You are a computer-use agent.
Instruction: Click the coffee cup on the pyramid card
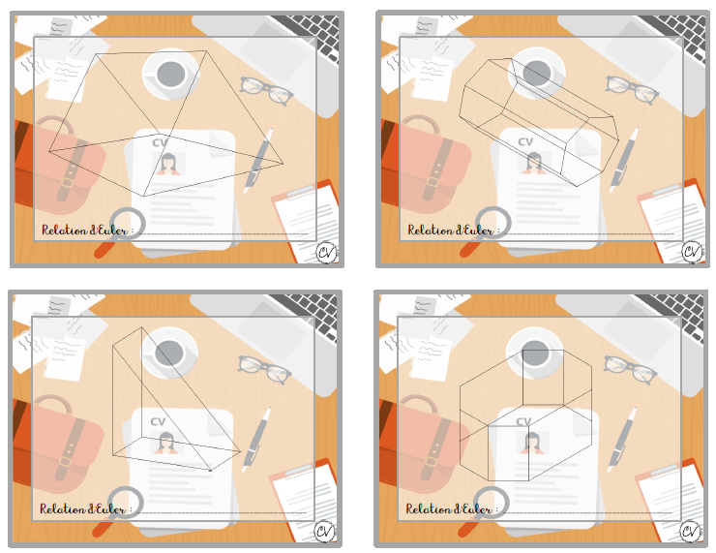tap(171, 74)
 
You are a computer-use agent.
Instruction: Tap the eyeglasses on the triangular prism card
tap(264, 370)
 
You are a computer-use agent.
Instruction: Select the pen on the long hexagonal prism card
tap(624, 160)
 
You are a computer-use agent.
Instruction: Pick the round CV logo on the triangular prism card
tap(325, 532)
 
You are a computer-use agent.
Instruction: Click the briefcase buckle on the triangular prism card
tap(65, 462)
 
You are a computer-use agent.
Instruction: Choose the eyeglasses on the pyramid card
tap(267, 91)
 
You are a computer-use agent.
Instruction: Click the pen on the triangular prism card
tap(256, 439)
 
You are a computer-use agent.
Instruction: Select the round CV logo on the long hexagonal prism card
tap(692, 252)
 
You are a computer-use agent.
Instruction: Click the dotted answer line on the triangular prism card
tap(221, 512)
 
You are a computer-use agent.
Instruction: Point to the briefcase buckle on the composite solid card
tap(432, 462)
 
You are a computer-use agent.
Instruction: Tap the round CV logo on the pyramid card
tap(326, 252)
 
